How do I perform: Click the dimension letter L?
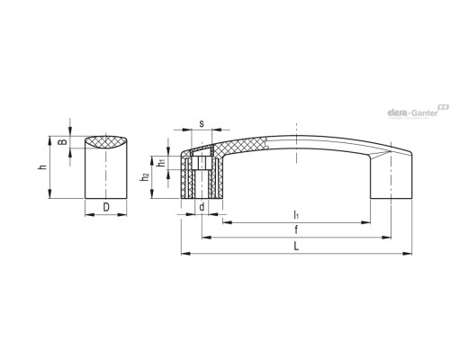point(296,247)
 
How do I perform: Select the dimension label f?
point(296,229)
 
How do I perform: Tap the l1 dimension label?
point(296,214)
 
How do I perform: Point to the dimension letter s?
point(202,123)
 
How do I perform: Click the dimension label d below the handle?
point(202,207)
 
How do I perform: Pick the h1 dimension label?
point(162,162)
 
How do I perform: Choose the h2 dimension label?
point(145,177)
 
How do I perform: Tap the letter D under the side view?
point(106,207)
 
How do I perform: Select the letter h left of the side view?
point(43,166)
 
